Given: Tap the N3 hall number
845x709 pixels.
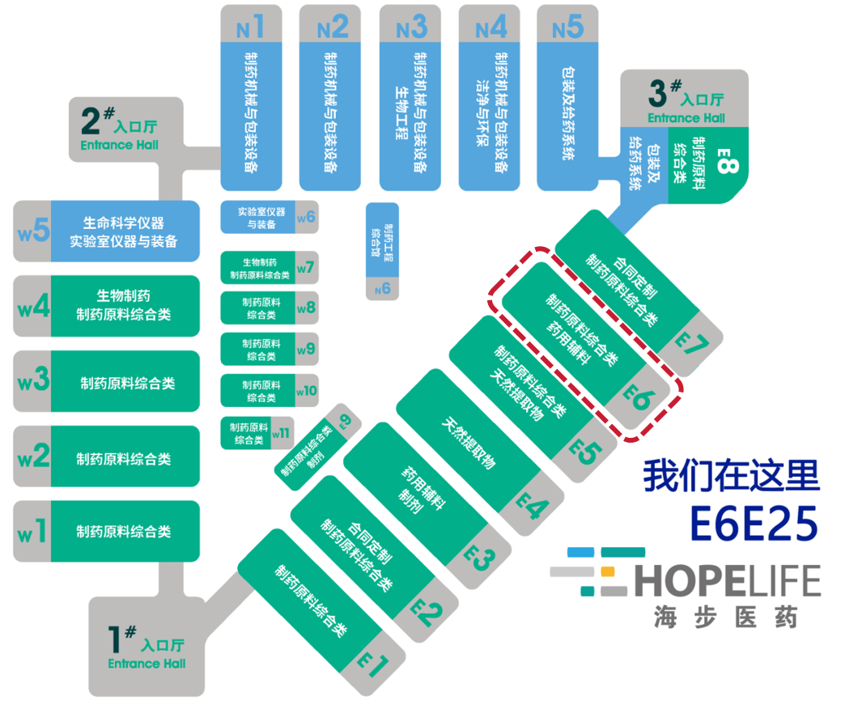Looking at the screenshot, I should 411,28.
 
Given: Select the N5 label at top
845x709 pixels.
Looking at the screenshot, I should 568,28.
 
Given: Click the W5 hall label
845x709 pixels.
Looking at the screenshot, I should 32,231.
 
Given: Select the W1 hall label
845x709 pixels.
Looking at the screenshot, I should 32,533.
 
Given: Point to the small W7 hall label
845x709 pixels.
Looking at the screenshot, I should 306,267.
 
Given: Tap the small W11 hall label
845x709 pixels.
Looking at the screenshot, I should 281,433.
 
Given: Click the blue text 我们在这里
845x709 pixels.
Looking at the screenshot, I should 731,477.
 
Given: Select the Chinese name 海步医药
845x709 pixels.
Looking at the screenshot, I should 725,618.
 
